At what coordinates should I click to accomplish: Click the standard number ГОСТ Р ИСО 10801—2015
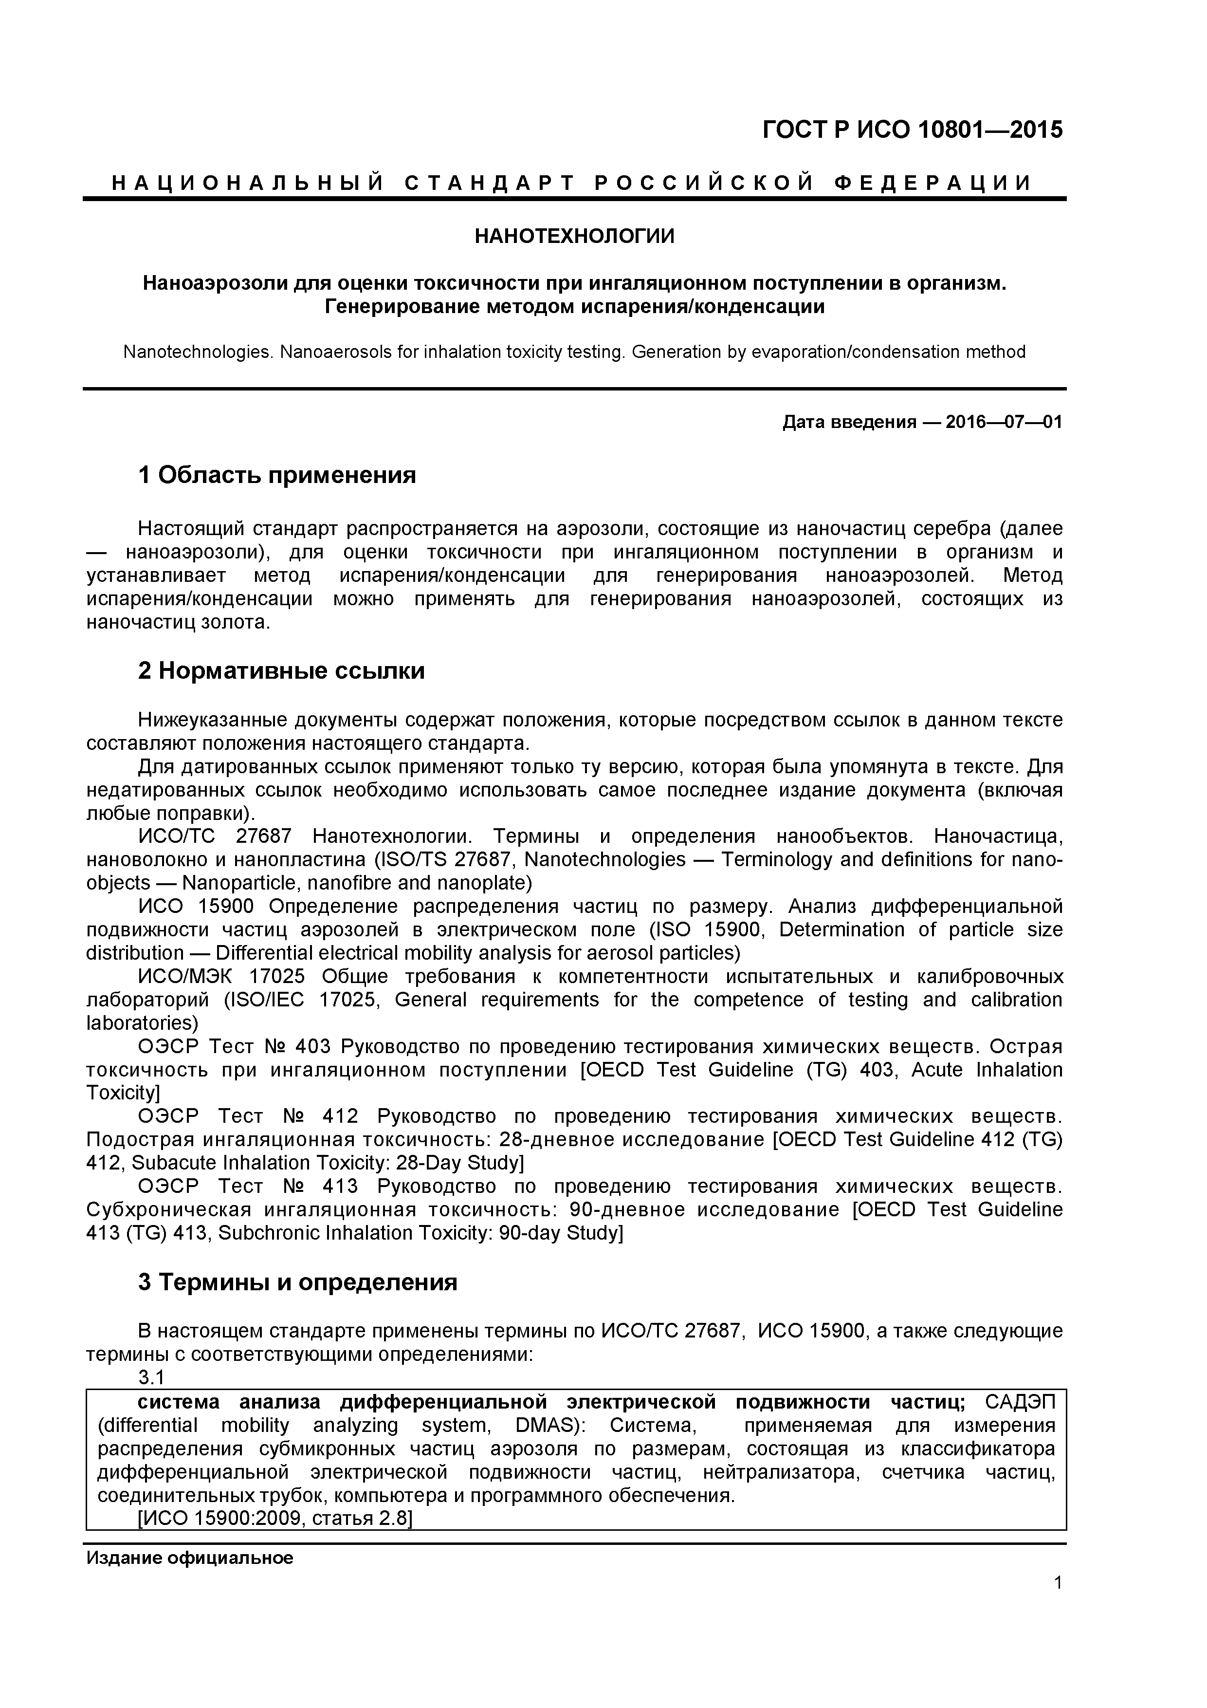click(x=913, y=130)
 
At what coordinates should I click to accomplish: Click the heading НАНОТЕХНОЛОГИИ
click(x=574, y=237)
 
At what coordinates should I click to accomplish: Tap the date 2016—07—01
click(x=1004, y=423)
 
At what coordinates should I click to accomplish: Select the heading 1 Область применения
click(x=276, y=475)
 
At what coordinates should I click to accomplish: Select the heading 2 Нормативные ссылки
click(x=281, y=671)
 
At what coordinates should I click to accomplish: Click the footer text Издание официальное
click(x=190, y=1558)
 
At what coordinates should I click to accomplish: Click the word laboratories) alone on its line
click(x=142, y=1023)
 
